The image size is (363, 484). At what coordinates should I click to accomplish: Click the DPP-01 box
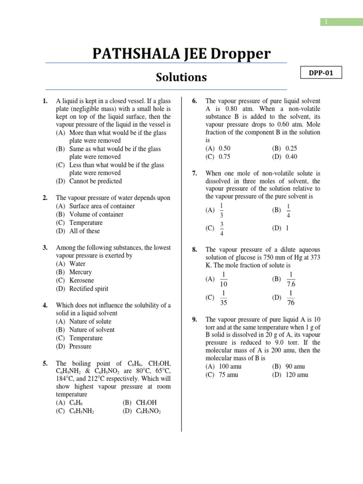coord(320,73)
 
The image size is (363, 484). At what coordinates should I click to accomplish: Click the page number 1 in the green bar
coord(326,22)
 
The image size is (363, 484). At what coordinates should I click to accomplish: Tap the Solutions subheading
coord(181,77)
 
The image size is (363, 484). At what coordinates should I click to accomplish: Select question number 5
coord(45,363)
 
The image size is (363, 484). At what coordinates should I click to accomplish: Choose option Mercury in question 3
coord(80,272)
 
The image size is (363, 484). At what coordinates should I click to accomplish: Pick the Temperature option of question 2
coord(86,223)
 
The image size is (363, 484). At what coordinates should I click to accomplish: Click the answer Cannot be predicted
coord(95,181)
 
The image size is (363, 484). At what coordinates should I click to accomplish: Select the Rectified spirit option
coord(88,289)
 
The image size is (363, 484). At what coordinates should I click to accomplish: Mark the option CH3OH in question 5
coord(146,403)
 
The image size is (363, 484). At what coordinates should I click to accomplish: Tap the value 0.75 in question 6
coord(225,157)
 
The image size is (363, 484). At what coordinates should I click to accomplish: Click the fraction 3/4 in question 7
coord(222,228)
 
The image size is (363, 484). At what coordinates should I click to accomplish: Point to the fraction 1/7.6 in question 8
coord(291,279)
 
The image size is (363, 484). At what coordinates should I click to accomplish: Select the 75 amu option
coord(228,375)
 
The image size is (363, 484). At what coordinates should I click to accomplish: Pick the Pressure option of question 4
coord(80,346)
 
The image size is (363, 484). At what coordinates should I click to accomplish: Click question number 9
coord(194,320)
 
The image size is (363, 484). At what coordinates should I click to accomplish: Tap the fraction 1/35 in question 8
coord(223,298)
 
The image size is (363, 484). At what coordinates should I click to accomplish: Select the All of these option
coord(85,231)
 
